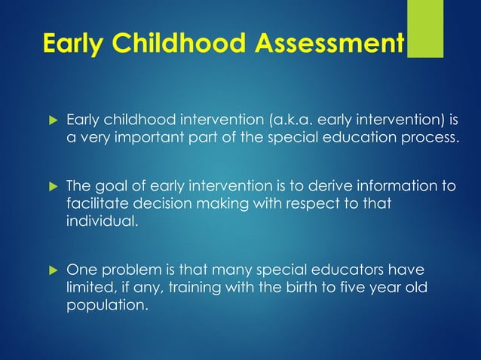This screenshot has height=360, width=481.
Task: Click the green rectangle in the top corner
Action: tap(425, 29)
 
